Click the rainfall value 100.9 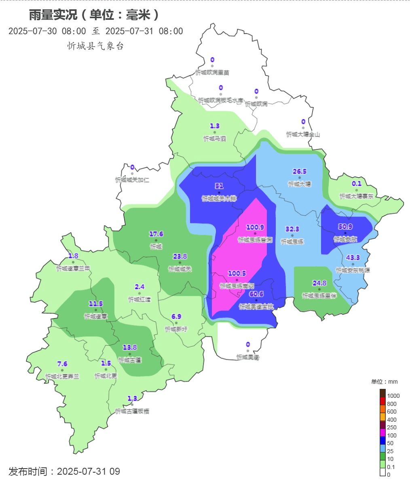tap(255, 227)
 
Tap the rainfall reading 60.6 tap(256, 294)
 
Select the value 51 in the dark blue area tap(219, 186)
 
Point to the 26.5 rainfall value tap(300, 172)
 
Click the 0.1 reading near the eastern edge tap(357, 184)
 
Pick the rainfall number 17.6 tap(156, 234)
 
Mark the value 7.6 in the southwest tap(62, 364)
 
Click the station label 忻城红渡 tap(139, 299)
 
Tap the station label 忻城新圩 tap(176, 329)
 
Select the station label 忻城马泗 tap(215, 138)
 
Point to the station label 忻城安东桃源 tap(353, 270)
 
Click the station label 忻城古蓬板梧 tap(132, 411)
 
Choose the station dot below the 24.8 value tap(319, 289)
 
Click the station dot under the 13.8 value tap(130, 354)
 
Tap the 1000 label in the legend tap(393, 396)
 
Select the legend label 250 tap(391, 427)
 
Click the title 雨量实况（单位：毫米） tap(94, 15)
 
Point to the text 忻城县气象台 tap(95, 46)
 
